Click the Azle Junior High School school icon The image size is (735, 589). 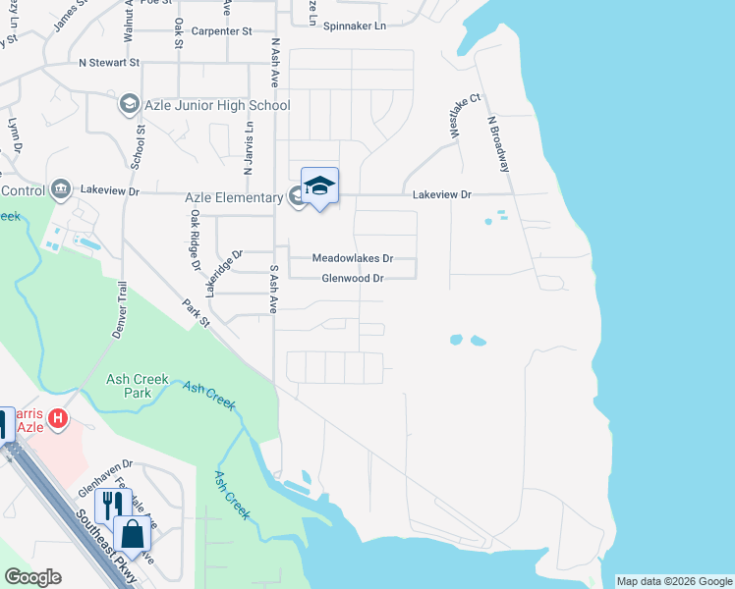[129, 104]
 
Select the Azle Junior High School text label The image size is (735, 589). [217, 105]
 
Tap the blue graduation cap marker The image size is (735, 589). [319, 186]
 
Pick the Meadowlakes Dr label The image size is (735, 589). [352, 258]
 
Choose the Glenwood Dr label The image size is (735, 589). [352, 279]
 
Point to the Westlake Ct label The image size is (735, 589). [465, 117]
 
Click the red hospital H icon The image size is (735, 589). [58, 419]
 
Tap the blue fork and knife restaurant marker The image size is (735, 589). [112, 503]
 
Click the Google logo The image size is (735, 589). [32, 577]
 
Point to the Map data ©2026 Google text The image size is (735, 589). [674, 581]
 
